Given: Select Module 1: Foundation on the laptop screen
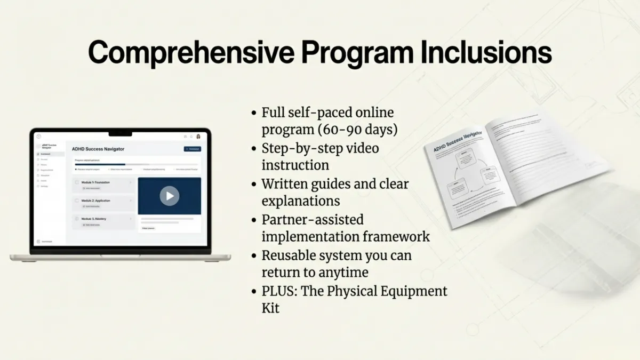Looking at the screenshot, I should (x=96, y=182).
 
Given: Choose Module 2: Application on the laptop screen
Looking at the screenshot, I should (x=96, y=201).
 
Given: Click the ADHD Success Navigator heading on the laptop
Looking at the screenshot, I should (x=98, y=149).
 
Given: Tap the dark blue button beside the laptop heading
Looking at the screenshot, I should (x=192, y=149).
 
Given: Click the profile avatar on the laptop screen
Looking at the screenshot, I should (x=198, y=137).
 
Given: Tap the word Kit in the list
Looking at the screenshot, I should (x=270, y=308).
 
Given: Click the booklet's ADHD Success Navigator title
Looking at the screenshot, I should (x=455, y=142).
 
